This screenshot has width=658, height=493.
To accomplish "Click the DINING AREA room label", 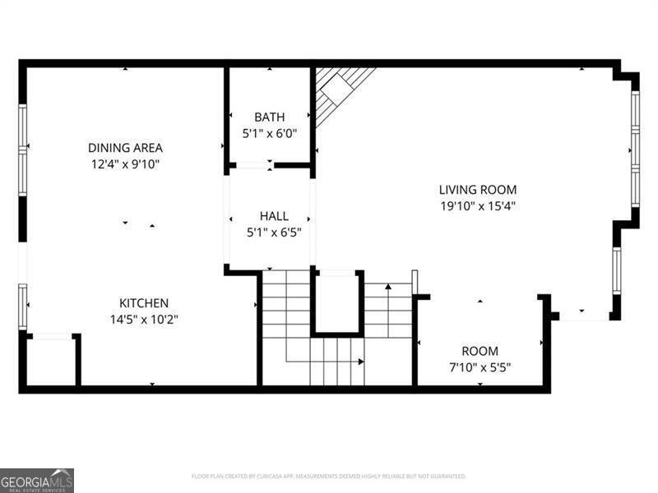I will (125, 148).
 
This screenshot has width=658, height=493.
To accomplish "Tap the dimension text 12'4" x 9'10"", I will (125, 164).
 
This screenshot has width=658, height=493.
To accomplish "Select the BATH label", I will (269, 117).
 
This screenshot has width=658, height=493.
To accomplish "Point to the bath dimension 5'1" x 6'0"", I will (269, 132).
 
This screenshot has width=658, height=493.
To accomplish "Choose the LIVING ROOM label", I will (477, 189).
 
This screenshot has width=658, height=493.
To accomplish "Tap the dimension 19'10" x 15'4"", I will (477, 205).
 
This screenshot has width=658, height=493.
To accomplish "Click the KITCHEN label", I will (144, 302).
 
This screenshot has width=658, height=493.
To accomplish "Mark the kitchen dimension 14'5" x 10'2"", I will (144, 319).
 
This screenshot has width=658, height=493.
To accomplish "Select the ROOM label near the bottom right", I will (480, 351).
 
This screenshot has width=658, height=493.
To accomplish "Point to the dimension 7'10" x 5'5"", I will (480, 366).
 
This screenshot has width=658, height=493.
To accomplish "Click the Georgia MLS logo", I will (37, 480).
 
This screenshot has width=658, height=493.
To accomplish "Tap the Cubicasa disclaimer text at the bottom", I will (329, 476).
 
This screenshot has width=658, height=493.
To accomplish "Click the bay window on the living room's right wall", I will (635, 148).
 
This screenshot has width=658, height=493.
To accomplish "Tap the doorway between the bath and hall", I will (253, 165).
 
